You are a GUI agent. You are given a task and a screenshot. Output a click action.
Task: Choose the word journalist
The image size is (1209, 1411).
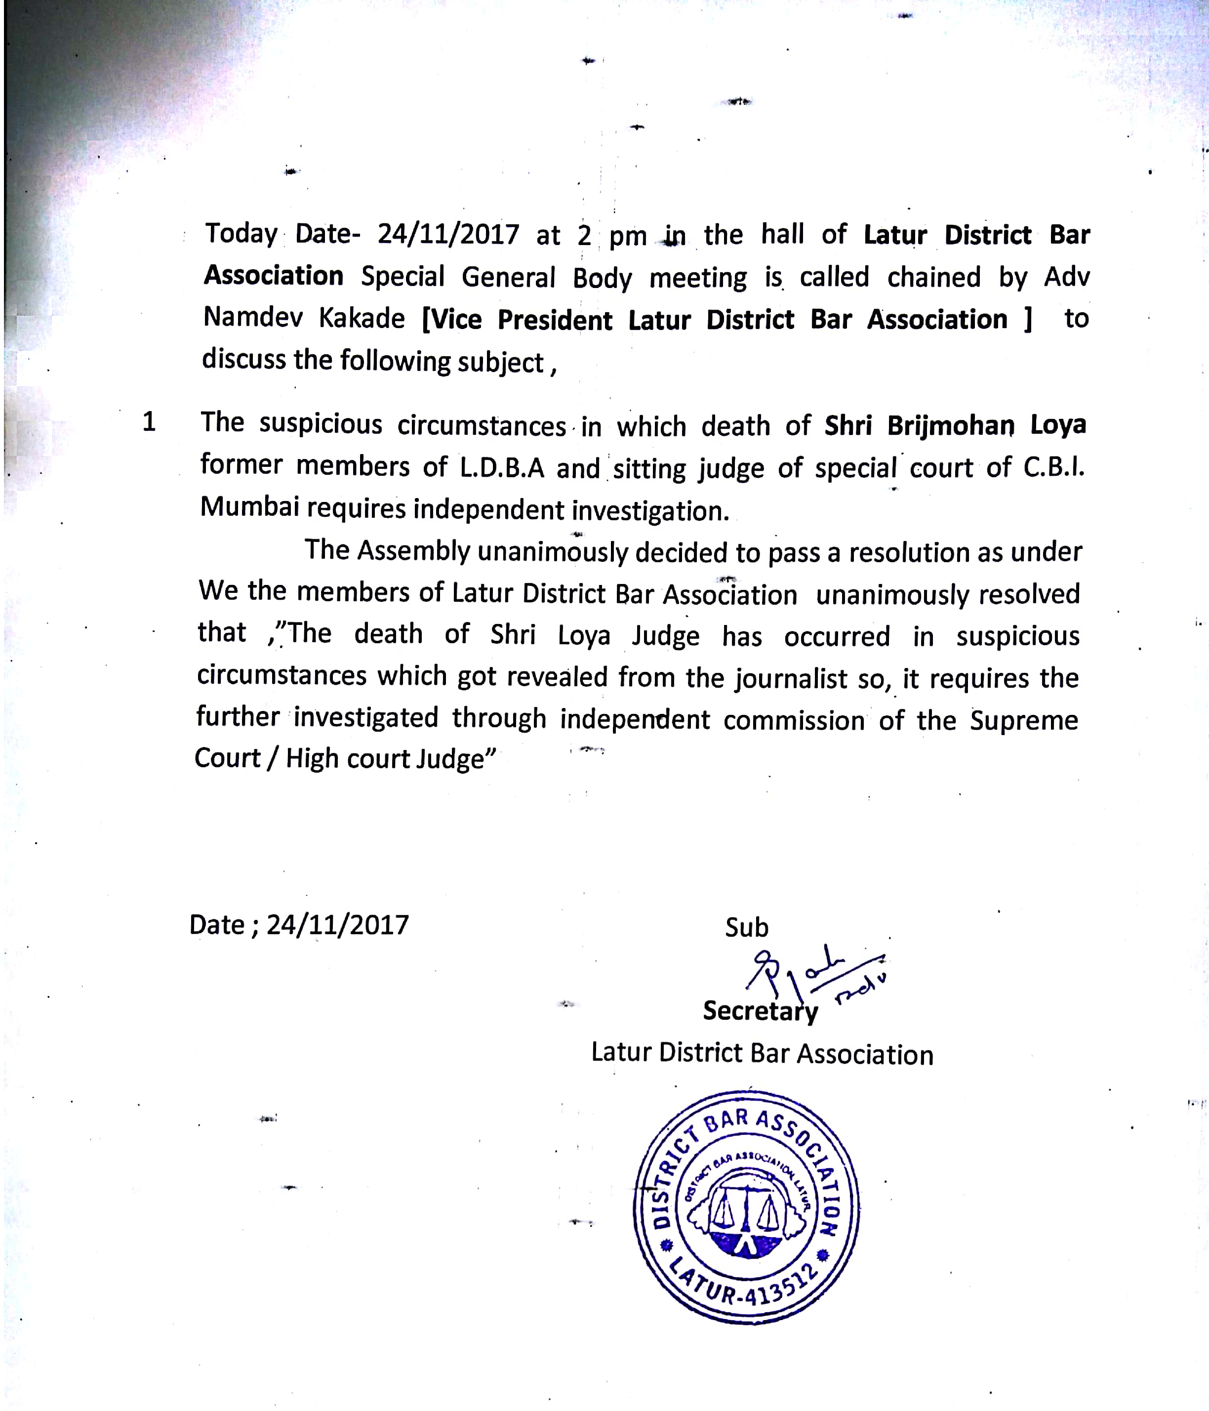pyautogui.click(x=790, y=678)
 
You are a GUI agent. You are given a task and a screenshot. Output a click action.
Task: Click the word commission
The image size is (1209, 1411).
pyautogui.click(x=794, y=720)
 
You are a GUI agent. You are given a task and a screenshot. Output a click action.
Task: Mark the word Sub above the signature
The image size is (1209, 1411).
pyautogui.click(x=746, y=927)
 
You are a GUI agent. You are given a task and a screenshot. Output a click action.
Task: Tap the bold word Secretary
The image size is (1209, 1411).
pyautogui.click(x=761, y=1011)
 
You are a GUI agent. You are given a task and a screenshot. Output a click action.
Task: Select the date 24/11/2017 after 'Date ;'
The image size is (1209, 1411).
pyautogui.click(x=338, y=925)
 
